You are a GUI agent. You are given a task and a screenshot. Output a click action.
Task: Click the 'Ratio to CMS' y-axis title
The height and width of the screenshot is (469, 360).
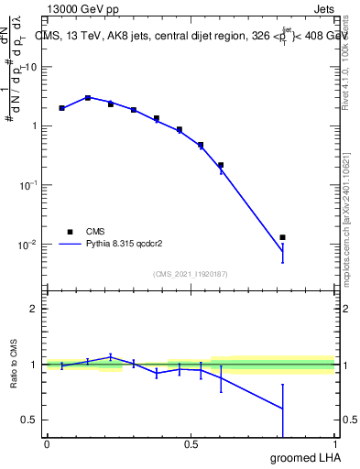(x=13, y=365)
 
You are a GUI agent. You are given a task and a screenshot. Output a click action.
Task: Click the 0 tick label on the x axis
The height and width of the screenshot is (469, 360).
(x=47, y=444)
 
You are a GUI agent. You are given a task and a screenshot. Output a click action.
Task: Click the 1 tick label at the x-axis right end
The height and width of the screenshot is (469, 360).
(x=335, y=444)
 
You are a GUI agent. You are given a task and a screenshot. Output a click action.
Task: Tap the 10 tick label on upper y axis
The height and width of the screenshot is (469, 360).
(x=32, y=67)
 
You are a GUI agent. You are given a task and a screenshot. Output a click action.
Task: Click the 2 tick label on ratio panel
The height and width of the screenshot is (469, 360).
(x=34, y=309)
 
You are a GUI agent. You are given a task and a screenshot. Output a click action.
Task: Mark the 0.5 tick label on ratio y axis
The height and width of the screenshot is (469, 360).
(x=29, y=420)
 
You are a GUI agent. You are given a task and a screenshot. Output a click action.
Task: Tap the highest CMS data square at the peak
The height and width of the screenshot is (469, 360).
(x=88, y=97)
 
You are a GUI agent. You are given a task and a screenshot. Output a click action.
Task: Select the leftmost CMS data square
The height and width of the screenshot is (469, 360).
(x=61, y=108)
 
